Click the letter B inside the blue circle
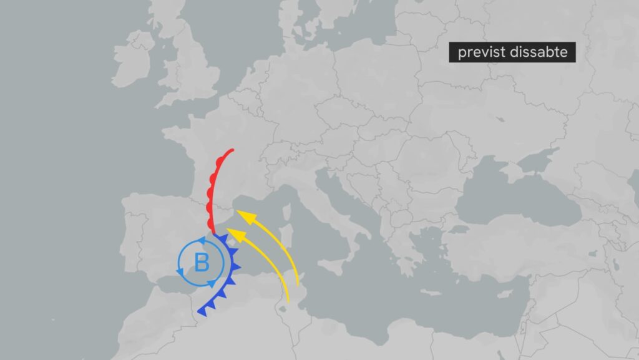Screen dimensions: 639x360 202,263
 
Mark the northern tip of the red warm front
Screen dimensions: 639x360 232,150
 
